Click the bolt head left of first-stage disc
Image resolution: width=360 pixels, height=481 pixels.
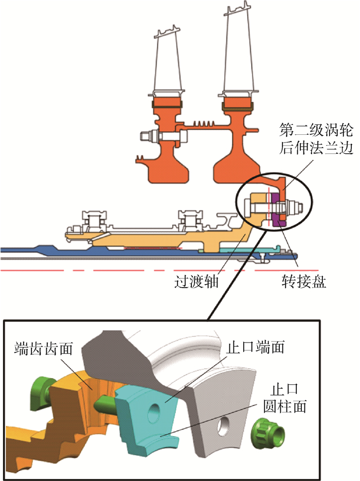pyautogui.click(x=147, y=137)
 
